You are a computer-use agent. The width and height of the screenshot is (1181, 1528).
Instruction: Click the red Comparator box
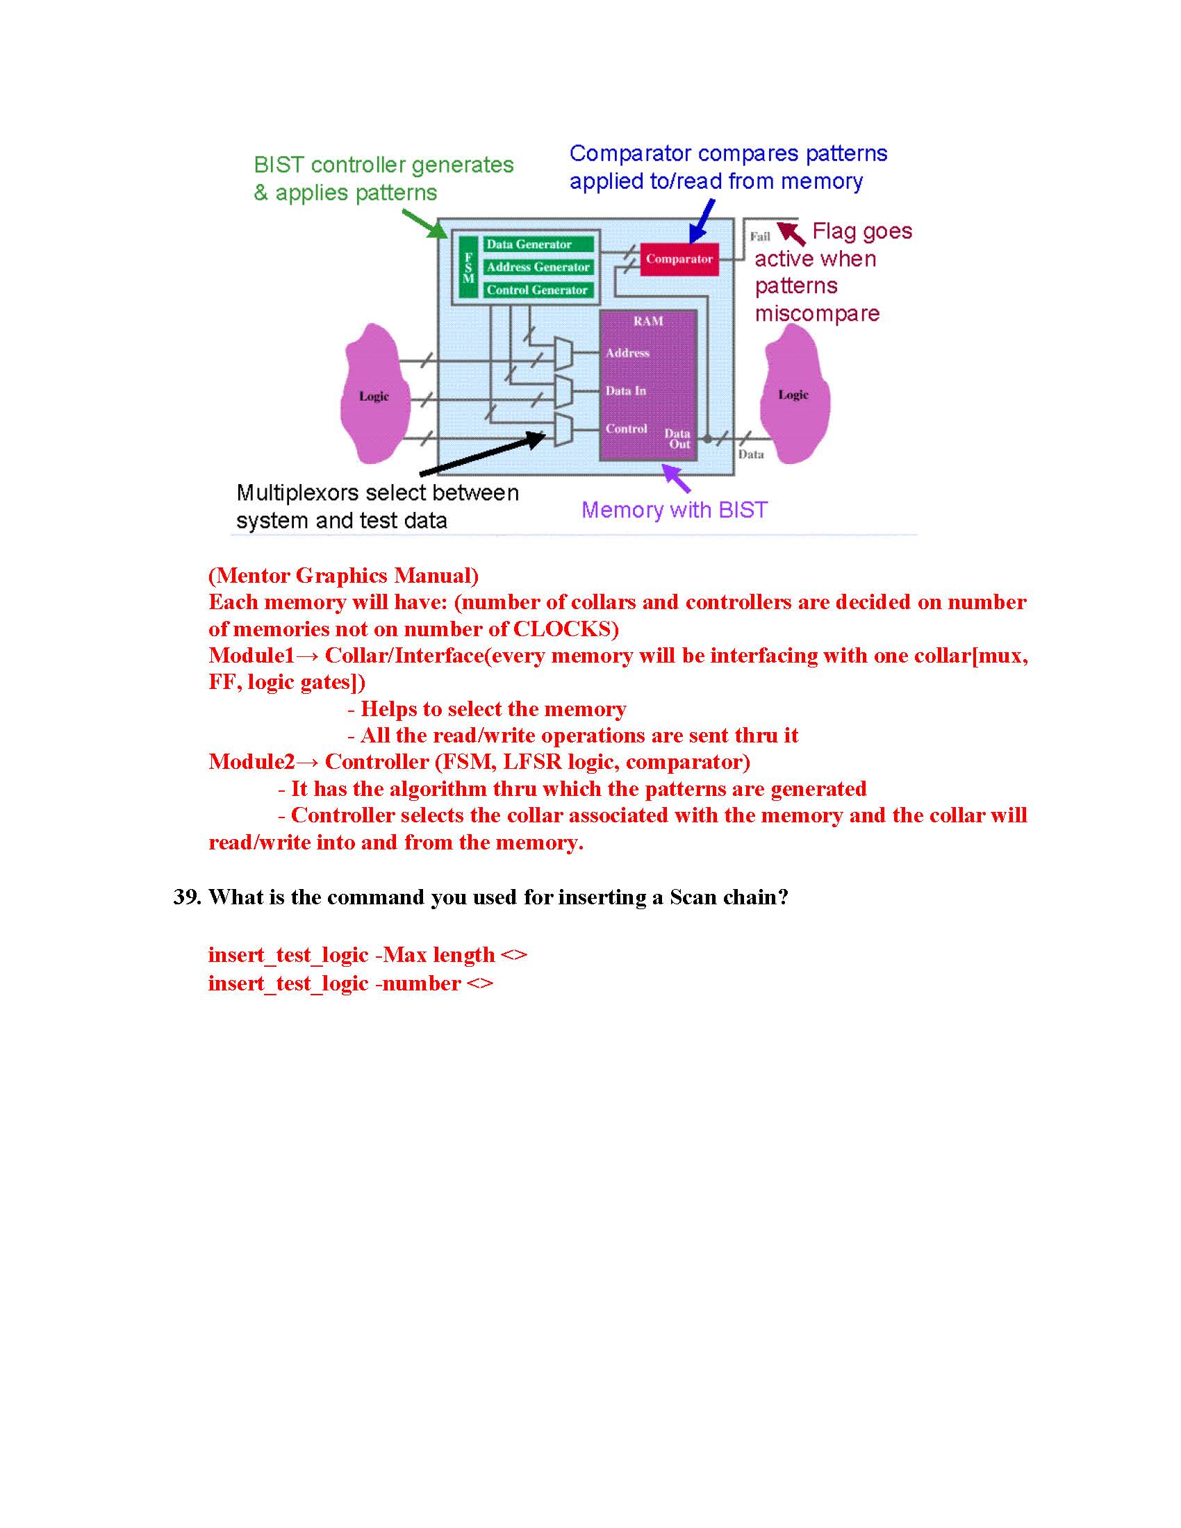point(679,259)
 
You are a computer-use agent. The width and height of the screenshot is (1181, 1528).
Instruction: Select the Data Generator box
point(537,244)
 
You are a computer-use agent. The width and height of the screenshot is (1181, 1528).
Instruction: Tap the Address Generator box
point(537,267)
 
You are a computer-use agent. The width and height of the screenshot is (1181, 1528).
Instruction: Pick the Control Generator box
point(537,290)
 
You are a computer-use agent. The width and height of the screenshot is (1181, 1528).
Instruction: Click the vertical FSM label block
point(468,267)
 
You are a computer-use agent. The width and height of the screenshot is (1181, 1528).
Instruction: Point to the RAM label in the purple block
point(648,321)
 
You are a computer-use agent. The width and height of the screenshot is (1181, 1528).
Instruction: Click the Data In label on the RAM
point(625,390)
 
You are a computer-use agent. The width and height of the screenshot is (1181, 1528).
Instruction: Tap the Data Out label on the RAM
point(678,439)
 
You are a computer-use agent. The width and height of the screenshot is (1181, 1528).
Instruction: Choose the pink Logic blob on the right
point(794,395)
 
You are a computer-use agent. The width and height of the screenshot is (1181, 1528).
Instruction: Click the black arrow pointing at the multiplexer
point(483,454)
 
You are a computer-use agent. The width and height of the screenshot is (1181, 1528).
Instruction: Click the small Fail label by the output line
point(760,236)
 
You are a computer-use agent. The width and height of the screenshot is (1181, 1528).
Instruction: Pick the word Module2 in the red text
point(251,762)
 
